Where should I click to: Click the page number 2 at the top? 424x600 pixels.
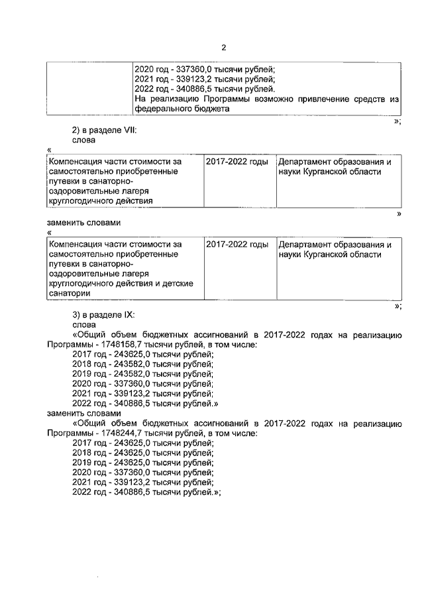coord(223,48)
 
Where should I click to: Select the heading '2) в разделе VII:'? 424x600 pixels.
coord(104,131)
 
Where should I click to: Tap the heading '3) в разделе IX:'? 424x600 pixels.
coord(103,315)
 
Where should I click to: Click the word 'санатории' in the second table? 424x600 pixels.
coord(69,293)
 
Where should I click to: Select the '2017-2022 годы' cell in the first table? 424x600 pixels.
coord(237,162)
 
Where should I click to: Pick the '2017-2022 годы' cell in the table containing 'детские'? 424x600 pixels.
coord(237,245)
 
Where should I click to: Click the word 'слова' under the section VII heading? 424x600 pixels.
coord(84,141)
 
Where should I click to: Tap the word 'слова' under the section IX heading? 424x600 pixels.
coord(84,325)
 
